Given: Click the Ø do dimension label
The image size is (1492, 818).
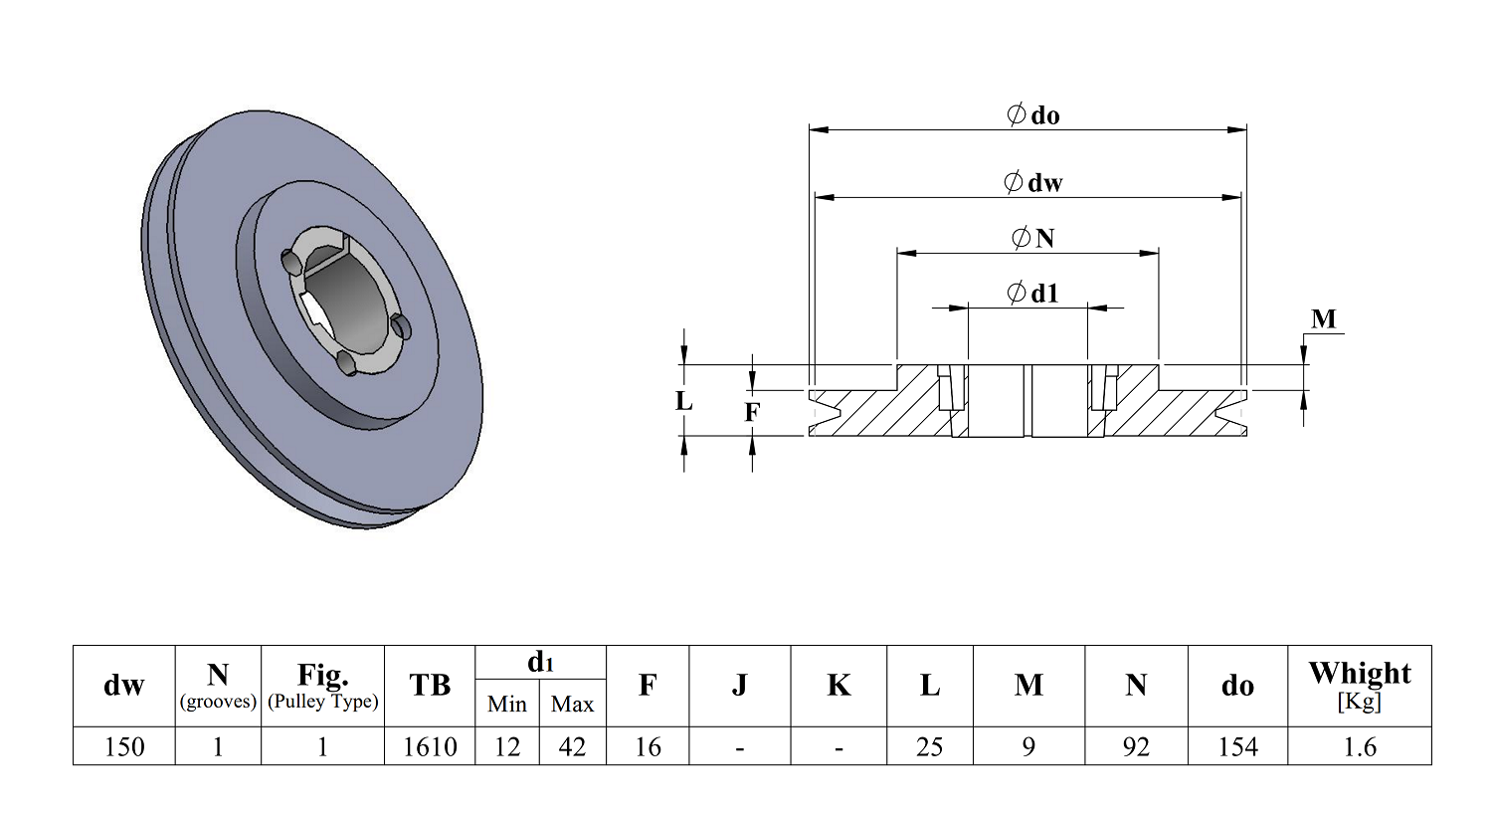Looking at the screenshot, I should point(1033,115).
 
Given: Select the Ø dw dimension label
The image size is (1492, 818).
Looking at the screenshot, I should point(1033,183).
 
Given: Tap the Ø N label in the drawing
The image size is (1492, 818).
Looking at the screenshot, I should point(1033,238).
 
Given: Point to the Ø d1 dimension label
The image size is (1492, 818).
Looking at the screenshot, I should point(1033,294).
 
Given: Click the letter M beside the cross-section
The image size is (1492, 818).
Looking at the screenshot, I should point(1324,319).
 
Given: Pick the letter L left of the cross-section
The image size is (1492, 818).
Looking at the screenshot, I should point(683,401).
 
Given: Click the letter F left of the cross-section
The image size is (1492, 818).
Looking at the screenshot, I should point(752,412).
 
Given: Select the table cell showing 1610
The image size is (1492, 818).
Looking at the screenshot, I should point(430,746).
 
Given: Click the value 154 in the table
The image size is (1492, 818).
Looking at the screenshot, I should point(1237,746).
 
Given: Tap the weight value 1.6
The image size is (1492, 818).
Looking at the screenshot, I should point(1359,746).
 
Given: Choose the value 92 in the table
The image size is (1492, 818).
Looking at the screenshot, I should point(1136,746).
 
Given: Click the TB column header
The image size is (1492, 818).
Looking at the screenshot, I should point(430,686).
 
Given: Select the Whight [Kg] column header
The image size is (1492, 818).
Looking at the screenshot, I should point(1359,685).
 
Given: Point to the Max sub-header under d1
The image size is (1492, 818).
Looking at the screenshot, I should point(572,705).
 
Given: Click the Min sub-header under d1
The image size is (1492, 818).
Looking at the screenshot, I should point(507,705).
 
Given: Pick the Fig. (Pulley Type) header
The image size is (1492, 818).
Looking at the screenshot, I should point(322,686).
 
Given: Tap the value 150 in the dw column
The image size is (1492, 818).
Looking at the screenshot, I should point(124,746).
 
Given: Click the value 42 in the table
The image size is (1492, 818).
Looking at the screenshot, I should point(572,746).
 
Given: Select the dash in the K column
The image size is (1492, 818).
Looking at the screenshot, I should point(839,746).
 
